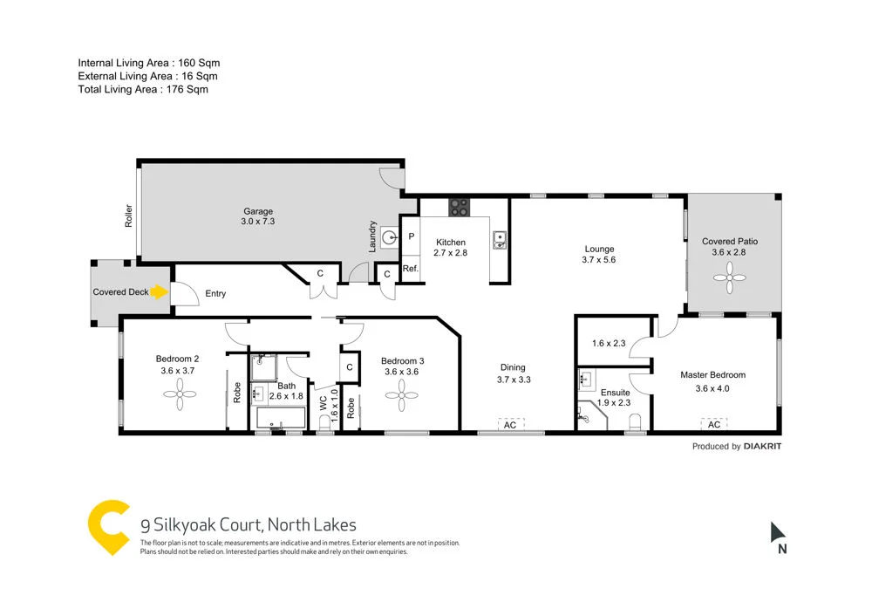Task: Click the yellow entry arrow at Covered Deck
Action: pyautogui.click(x=159, y=292)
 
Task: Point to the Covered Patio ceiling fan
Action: pyautogui.click(x=730, y=280)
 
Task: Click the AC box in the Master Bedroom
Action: pyautogui.click(x=714, y=424)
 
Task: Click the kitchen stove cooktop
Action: pyautogui.click(x=459, y=208)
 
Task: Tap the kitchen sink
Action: pyautogui.click(x=500, y=239)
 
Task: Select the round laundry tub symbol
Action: pyautogui.click(x=389, y=236)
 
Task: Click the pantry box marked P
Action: pyautogui.click(x=411, y=236)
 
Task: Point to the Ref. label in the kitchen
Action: pyautogui.click(x=410, y=269)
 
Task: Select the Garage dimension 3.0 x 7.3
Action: pyautogui.click(x=257, y=222)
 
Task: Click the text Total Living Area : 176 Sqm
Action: pyautogui.click(x=143, y=89)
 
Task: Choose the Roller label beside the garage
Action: pyautogui.click(x=128, y=216)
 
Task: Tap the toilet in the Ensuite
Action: pyautogui.click(x=634, y=422)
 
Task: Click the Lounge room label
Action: pyautogui.click(x=599, y=249)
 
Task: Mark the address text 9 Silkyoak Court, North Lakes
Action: pyautogui.click(x=249, y=525)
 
